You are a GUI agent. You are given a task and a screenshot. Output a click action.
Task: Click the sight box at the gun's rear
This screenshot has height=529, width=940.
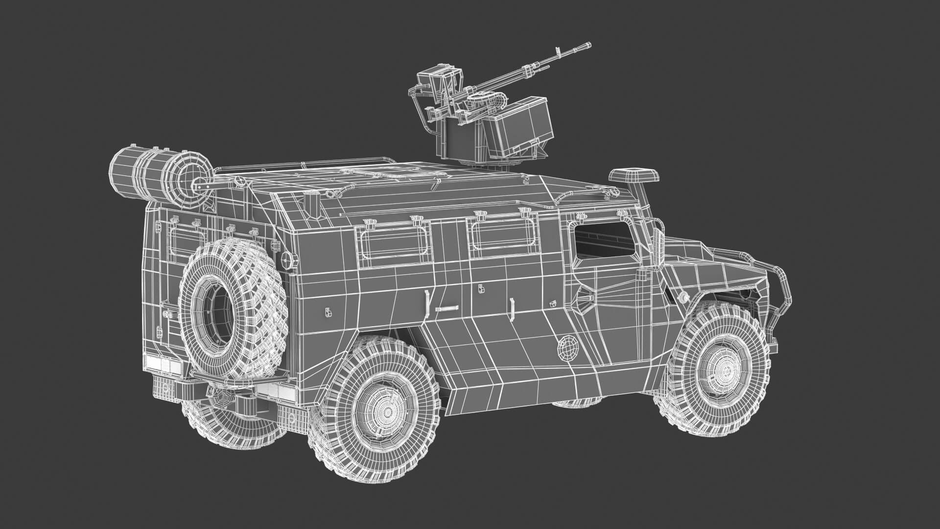pyautogui.click(x=436, y=81)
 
